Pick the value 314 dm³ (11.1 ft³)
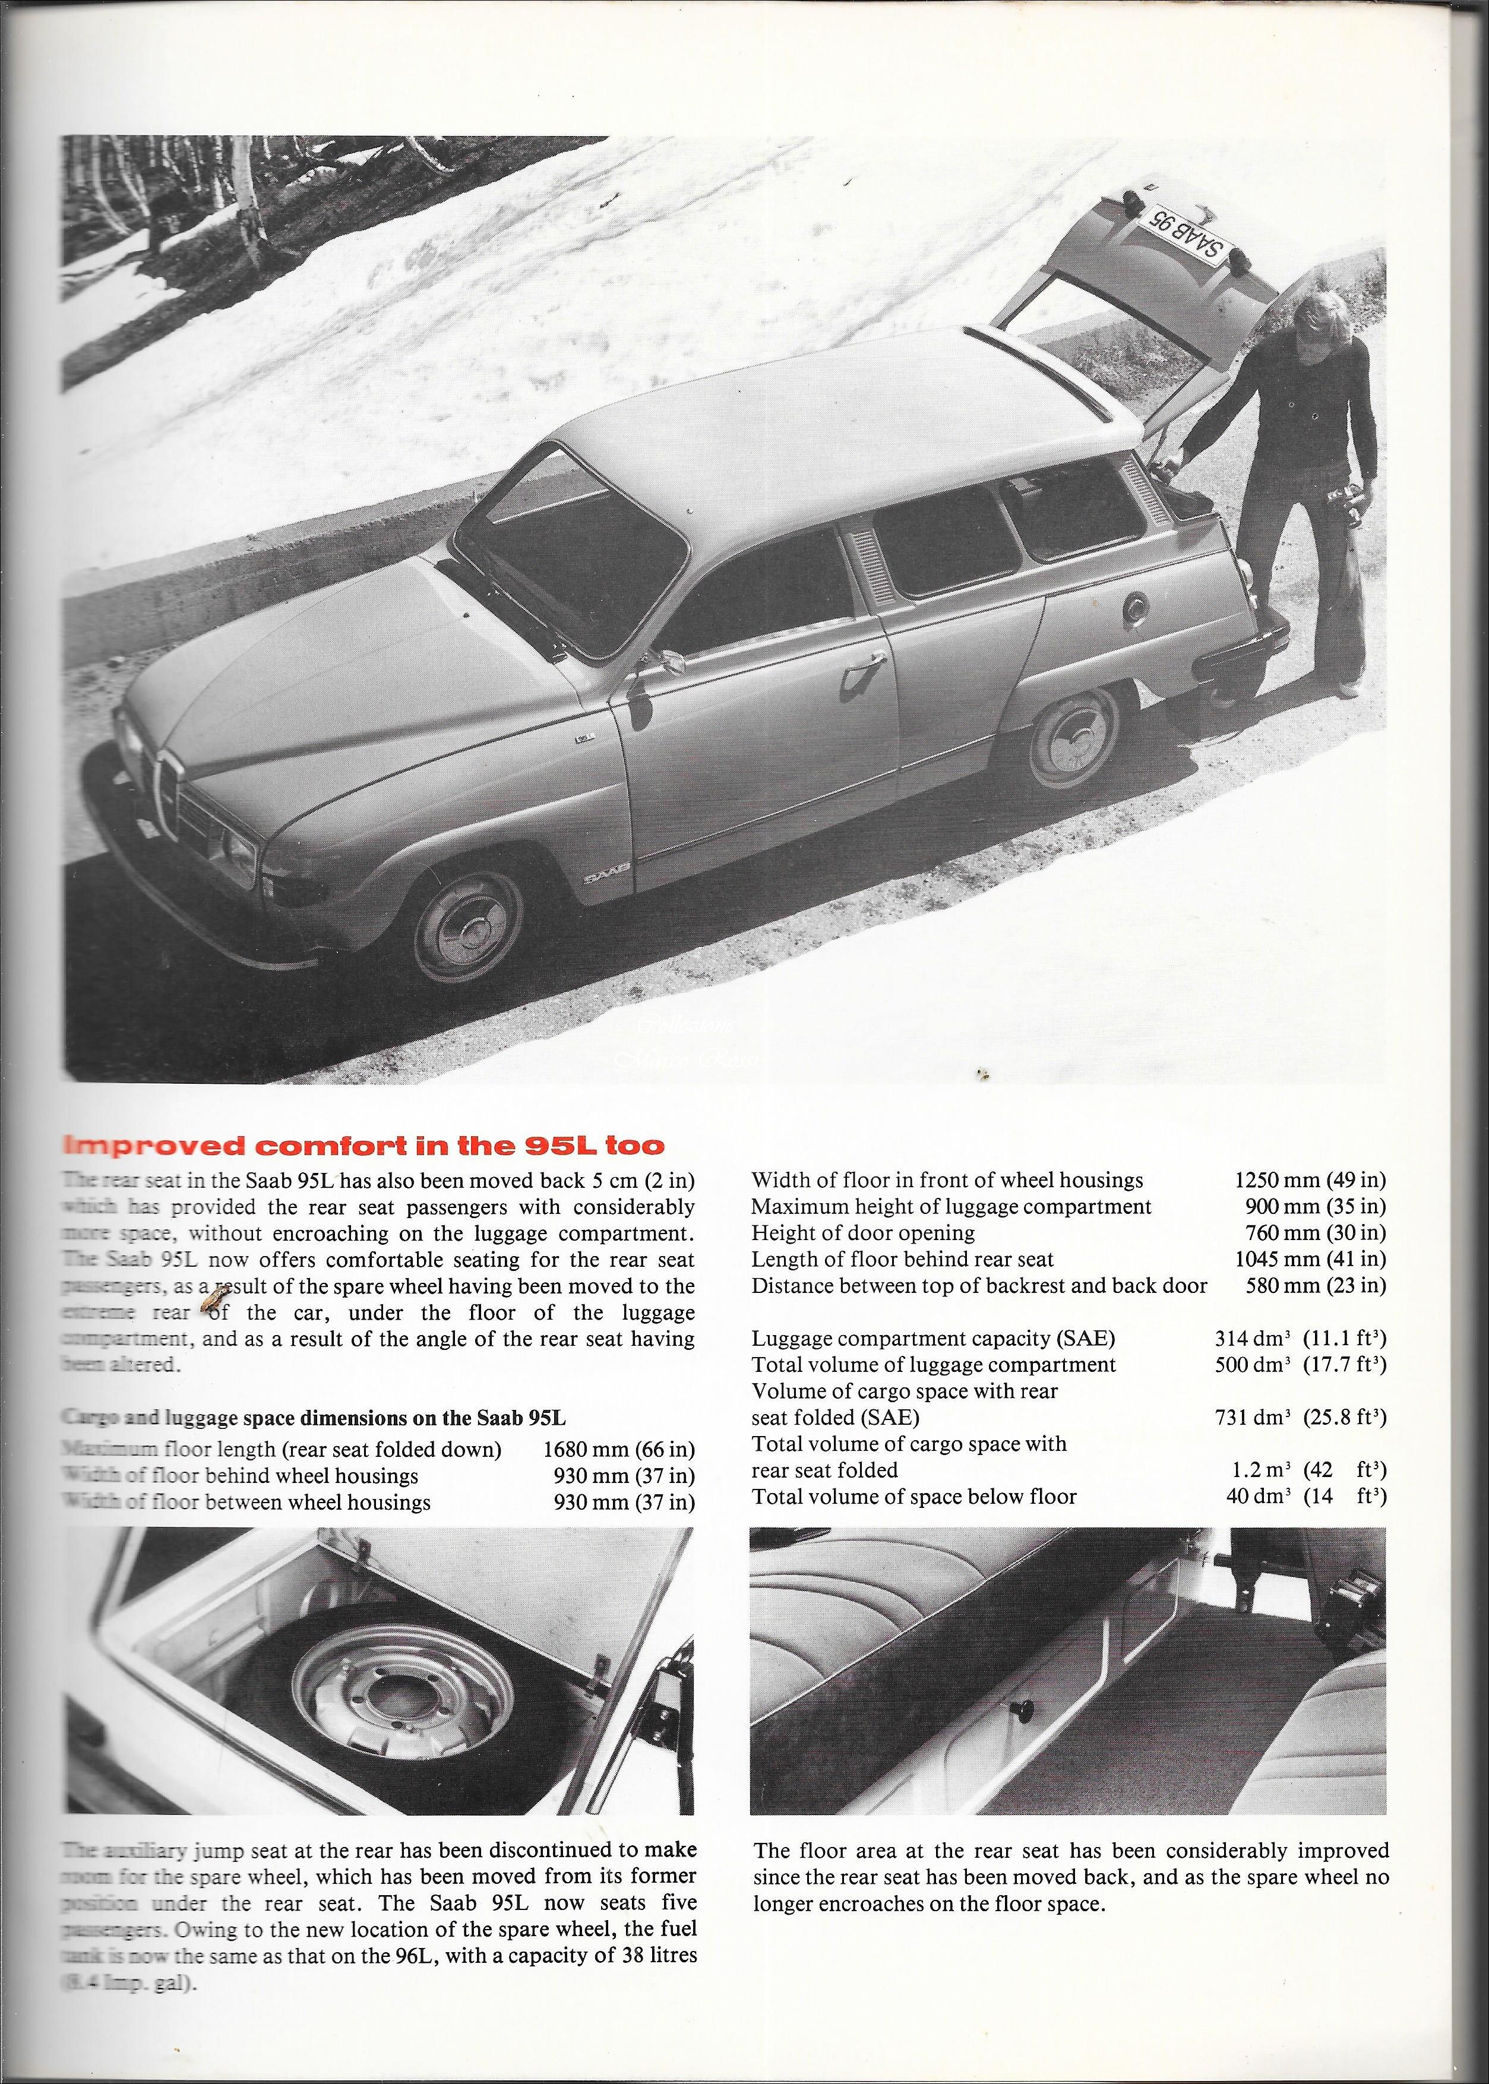1299,1339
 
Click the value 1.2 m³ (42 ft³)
1307,1470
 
